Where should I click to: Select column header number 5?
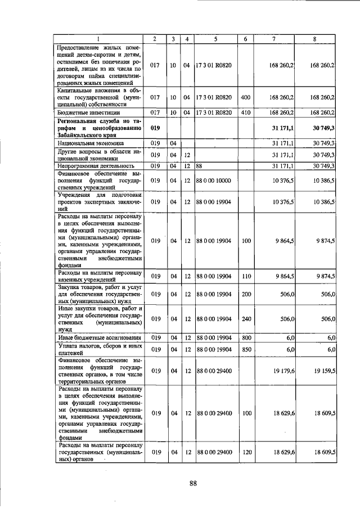(215, 38)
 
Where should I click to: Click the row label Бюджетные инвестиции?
(83, 112)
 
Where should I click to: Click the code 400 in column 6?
(245, 97)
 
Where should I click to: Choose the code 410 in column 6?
(245, 112)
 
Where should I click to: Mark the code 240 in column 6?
(245, 319)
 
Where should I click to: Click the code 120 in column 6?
(245, 452)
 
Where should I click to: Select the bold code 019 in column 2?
(156, 128)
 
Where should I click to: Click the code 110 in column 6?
(245, 276)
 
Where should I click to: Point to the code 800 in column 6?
(245, 337)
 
